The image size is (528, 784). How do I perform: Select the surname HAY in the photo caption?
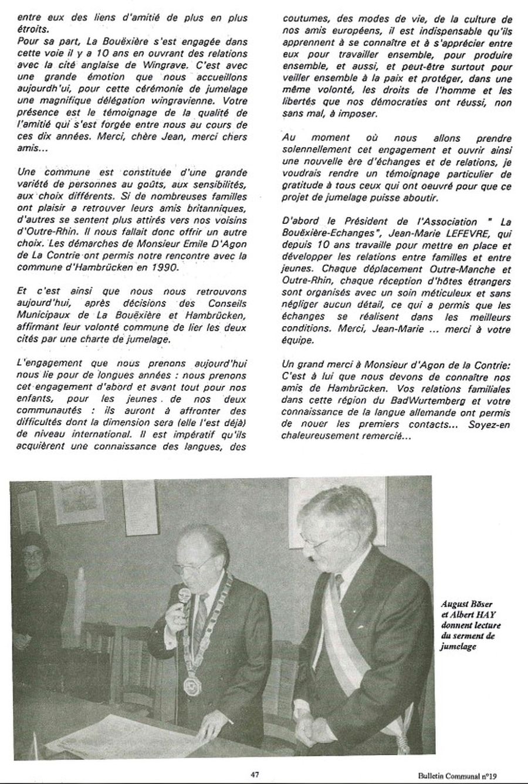coord(476,615)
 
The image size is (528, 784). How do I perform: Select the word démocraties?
coord(398,103)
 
